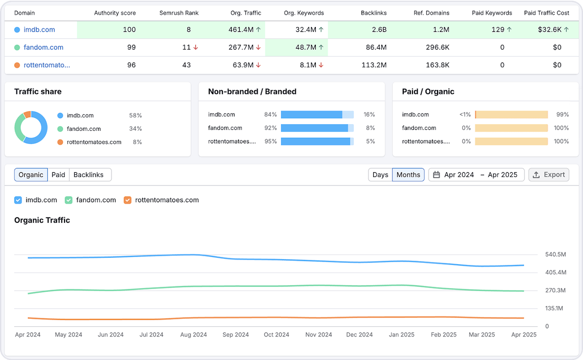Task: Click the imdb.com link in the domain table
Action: click(39, 30)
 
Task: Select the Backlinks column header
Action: click(374, 13)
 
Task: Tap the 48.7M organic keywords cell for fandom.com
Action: click(306, 47)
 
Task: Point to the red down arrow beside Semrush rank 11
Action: click(196, 47)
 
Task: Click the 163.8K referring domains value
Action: click(438, 65)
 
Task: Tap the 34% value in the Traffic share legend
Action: click(135, 128)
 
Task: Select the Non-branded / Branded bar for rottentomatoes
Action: click(317, 141)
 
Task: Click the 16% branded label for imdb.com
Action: click(369, 114)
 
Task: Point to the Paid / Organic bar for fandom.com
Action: click(512, 128)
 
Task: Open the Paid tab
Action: click(58, 175)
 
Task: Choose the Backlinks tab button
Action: click(88, 175)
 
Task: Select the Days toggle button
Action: click(380, 175)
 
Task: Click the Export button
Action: click(548, 175)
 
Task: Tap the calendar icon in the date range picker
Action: click(436, 175)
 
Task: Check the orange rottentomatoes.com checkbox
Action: click(128, 200)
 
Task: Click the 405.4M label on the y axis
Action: click(556, 272)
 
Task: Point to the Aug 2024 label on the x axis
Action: click(194, 335)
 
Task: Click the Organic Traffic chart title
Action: click(42, 220)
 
